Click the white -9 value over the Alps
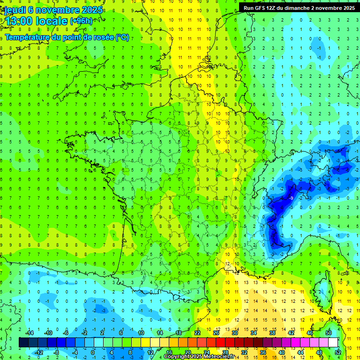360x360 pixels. [292, 198]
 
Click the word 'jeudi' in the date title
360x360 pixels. [15, 10]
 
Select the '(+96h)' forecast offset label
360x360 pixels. [81, 21]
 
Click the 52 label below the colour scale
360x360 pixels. [337, 352]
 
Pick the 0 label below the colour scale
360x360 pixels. [93, 352]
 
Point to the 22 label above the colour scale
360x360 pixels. [197, 333]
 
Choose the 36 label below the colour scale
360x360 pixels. [262, 352]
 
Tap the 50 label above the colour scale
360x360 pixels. [329, 333]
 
